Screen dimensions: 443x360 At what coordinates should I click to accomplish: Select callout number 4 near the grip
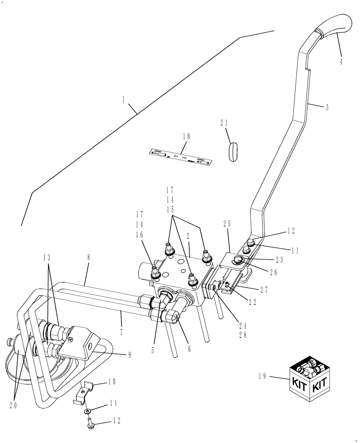pos(341,62)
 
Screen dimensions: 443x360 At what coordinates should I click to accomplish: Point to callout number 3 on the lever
pos(327,107)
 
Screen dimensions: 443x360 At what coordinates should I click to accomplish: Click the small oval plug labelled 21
pos(233,152)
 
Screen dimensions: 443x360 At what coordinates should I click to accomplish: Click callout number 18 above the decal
pos(184,137)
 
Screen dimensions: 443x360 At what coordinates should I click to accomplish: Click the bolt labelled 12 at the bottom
pos(89,424)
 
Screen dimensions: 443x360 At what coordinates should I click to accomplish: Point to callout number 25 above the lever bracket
pos(227,225)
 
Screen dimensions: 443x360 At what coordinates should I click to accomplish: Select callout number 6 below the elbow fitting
pos(189,349)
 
